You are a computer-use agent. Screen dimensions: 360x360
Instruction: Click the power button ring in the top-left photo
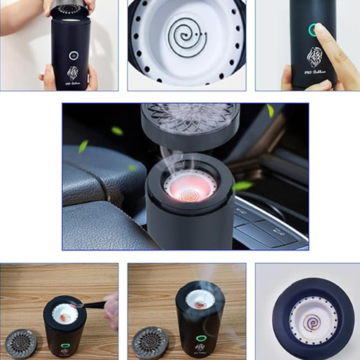point(73,55)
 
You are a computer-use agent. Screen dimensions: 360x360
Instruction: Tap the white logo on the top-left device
point(73,73)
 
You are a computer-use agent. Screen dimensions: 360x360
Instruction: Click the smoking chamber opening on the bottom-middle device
point(199,298)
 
